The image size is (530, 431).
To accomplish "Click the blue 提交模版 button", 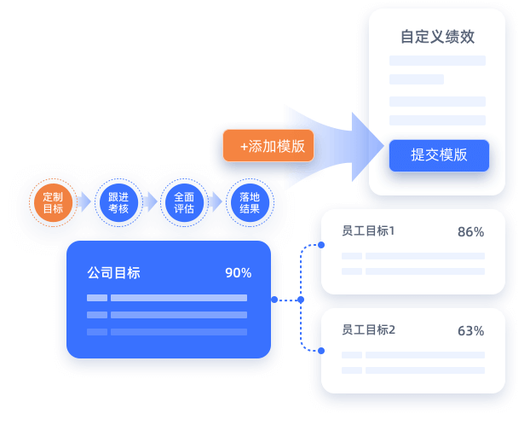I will tap(439, 155).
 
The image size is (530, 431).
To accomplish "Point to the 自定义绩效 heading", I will tap(437, 38).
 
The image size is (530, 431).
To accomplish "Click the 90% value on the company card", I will tap(238, 273).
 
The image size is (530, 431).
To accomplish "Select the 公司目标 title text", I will tap(113, 273).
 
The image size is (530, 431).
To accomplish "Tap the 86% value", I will tap(470, 231).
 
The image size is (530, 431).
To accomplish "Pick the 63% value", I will tap(470, 330).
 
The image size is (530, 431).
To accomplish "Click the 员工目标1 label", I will tap(368, 231).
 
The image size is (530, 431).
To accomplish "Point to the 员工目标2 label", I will tap(368, 330).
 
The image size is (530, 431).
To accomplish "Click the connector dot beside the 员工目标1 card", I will tap(322, 246).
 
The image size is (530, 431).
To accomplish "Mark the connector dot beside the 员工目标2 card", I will tap(322, 350).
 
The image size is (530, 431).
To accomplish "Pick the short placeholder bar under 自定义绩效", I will tap(417, 79).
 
